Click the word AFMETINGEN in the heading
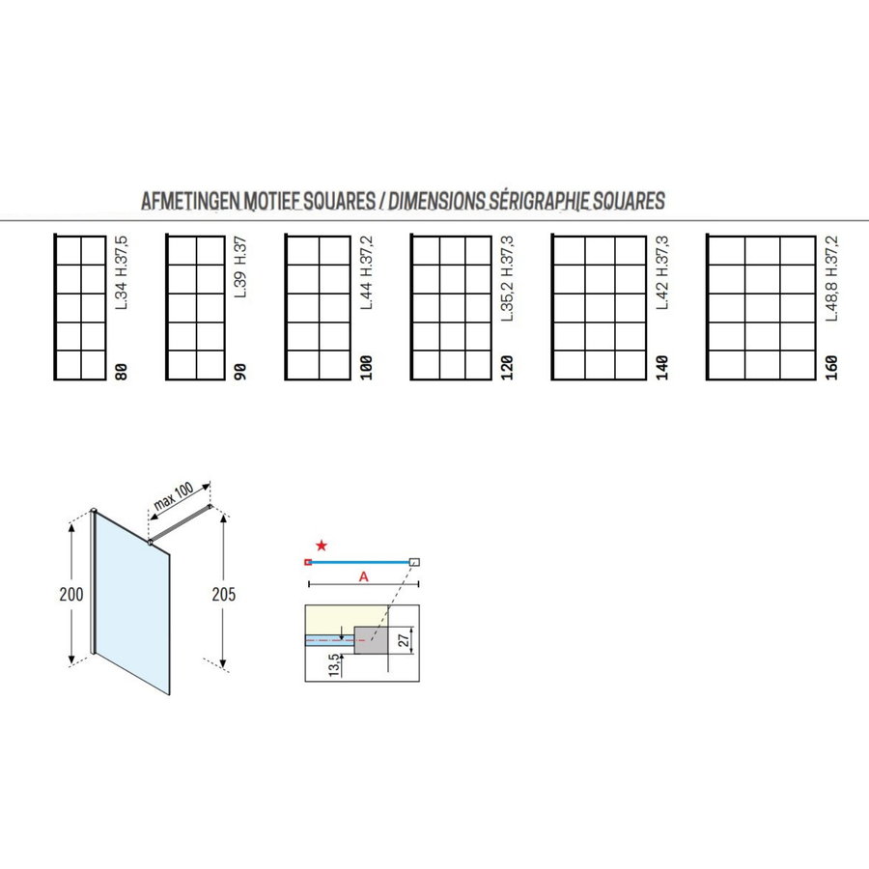[185, 202]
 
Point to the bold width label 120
[508, 367]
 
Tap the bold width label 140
[661, 367]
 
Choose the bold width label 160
[831, 367]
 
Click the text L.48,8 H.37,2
[831, 280]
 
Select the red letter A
[362, 575]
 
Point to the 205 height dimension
[223, 594]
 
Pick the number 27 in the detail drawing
[406, 638]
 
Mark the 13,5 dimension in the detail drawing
[334, 665]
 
